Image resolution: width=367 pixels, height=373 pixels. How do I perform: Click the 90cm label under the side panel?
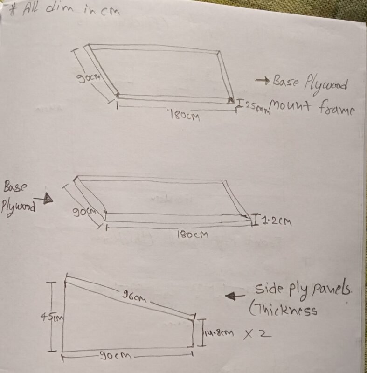[115, 356]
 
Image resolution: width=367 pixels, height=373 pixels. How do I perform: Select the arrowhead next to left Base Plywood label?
[48, 199]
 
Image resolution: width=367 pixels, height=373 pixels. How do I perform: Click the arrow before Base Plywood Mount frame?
[263, 81]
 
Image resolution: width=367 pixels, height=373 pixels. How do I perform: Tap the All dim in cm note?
[61, 9]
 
